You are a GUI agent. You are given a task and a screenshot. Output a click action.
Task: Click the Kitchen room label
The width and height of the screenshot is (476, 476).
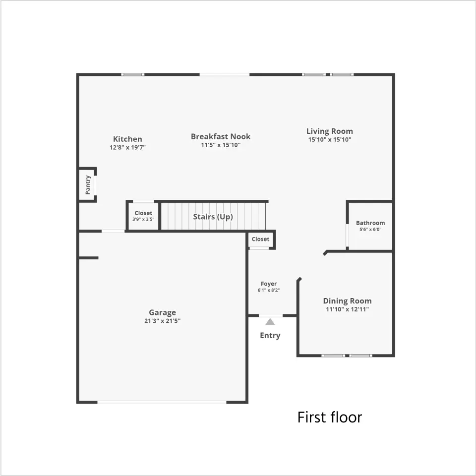pos(127,139)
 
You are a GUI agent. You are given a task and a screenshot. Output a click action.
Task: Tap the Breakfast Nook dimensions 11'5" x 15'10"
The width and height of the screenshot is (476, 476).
pos(221,145)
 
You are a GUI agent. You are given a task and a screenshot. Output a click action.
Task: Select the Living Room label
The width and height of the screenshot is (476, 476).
pos(330,131)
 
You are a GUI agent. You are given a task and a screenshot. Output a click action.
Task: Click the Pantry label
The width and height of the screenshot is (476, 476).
pos(88,184)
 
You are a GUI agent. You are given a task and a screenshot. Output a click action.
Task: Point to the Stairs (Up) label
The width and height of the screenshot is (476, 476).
pos(213,217)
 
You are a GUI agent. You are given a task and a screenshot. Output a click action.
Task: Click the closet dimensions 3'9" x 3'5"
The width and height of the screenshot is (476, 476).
pos(143,219)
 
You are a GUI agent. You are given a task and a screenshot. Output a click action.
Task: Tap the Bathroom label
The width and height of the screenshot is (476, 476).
pos(370,223)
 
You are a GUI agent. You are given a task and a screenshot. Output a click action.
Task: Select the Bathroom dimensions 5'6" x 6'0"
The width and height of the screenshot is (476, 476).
pos(370,230)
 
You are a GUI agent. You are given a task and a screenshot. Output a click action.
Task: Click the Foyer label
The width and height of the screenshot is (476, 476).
pos(269,284)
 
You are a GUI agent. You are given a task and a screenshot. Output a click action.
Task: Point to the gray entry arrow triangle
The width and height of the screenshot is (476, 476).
pos(270,322)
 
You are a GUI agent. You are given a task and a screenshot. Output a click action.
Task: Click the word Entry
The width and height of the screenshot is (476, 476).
pos(270,336)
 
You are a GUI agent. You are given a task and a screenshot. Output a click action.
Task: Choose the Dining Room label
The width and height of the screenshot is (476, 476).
pos(347,301)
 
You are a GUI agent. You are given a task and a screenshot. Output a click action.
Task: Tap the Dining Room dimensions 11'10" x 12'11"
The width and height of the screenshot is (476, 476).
pos(347,309)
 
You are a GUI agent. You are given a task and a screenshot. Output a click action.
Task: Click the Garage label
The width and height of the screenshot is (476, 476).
pos(163,313)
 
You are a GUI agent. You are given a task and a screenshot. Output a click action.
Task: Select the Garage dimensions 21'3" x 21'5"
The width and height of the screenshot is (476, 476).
pos(163,321)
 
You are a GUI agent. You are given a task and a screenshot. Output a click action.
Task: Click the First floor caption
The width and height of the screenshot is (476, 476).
pos(330,417)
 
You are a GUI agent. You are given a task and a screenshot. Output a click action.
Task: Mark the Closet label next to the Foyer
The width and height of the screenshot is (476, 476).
pos(260,239)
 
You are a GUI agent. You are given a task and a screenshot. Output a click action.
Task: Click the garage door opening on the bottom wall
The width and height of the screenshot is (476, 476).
pos(162,402)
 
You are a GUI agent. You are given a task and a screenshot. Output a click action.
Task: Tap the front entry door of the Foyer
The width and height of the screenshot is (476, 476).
pos(271,316)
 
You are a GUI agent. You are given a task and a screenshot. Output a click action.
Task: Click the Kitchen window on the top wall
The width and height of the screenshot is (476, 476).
pos(133,74)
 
